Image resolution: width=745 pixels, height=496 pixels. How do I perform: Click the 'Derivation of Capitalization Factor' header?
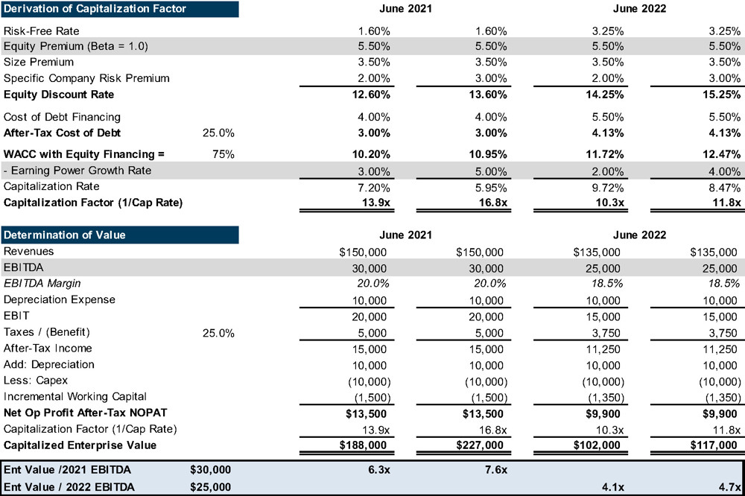[x=95, y=9]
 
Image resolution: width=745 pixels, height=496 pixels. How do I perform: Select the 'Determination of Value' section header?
[x=65, y=235]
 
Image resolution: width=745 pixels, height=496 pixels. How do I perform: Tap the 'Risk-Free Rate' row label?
[x=41, y=31]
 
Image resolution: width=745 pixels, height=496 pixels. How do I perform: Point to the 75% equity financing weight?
[x=224, y=154]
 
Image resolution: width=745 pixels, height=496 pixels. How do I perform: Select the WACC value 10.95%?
[x=487, y=154]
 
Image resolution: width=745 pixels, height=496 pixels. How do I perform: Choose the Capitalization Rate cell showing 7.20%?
[x=372, y=187]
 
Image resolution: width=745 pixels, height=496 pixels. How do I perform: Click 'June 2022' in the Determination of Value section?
[x=639, y=235]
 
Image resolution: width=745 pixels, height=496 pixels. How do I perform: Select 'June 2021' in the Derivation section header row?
[x=405, y=9]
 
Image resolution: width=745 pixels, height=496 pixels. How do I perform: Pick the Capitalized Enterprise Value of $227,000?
[x=480, y=445]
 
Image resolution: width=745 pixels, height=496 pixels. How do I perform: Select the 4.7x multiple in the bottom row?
[x=727, y=486]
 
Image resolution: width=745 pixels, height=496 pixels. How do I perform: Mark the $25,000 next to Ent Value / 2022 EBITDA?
[x=211, y=486]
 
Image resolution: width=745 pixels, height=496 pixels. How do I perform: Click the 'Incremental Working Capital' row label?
[x=75, y=396]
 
